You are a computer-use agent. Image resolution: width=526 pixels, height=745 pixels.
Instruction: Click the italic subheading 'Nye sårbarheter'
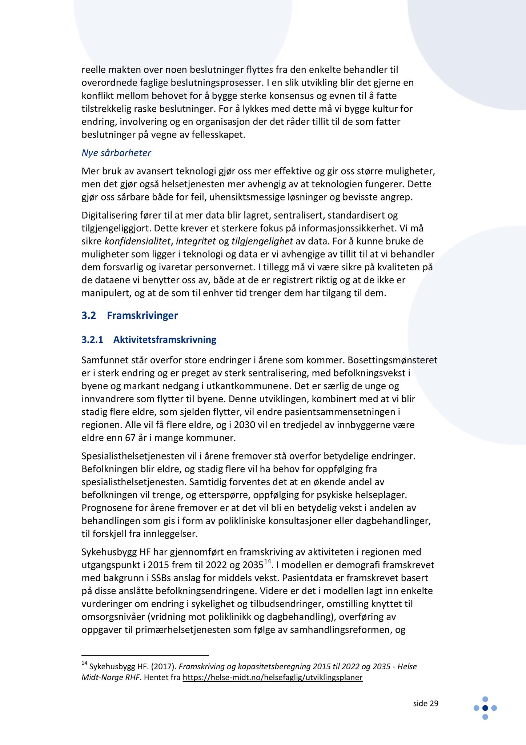[x=116, y=153]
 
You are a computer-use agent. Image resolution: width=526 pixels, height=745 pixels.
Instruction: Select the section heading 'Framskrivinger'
[x=142, y=315]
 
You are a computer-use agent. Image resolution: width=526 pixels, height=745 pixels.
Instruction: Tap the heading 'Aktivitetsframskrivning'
[x=165, y=340]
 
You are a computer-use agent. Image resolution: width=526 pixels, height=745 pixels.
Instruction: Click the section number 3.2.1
[x=92, y=340]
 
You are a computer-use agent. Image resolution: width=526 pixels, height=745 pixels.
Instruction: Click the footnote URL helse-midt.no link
[x=272, y=677]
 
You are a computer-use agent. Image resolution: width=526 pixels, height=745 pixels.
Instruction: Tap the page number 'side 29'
[x=426, y=703]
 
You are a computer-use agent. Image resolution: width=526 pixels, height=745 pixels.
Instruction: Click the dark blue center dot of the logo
[x=485, y=708]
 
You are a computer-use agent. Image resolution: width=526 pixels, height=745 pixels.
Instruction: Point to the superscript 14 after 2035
[x=268, y=562]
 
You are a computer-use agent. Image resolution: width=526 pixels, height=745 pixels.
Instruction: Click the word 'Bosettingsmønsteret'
[x=392, y=360]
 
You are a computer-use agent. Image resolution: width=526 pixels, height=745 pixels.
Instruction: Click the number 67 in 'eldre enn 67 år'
[x=130, y=438]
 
